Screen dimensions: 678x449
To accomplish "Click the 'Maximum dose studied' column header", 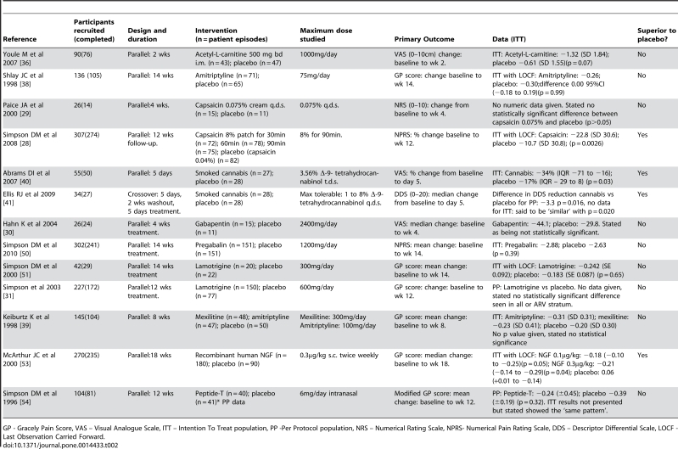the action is coord(326,35).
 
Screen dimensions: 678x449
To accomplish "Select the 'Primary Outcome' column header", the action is coord(424,39).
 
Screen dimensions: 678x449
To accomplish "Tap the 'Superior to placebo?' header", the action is coord(657,35).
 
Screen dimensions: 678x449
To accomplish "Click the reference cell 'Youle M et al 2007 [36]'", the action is coord(24,59).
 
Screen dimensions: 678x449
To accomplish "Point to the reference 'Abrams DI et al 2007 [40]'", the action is coord(27,177).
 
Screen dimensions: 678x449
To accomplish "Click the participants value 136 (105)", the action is coord(87,76).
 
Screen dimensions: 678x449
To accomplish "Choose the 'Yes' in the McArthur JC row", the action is coord(642,355).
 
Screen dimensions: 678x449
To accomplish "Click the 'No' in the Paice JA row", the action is coord(642,105).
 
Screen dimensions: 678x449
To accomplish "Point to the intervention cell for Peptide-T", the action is coord(235,397).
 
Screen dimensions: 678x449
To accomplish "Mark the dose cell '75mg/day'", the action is coord(315,76).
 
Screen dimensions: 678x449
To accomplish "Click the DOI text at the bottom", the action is coord(60,445).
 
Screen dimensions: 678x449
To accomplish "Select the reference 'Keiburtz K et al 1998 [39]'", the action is coord(26,321).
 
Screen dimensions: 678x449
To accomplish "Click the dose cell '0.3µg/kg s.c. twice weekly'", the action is coord(339,355).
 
